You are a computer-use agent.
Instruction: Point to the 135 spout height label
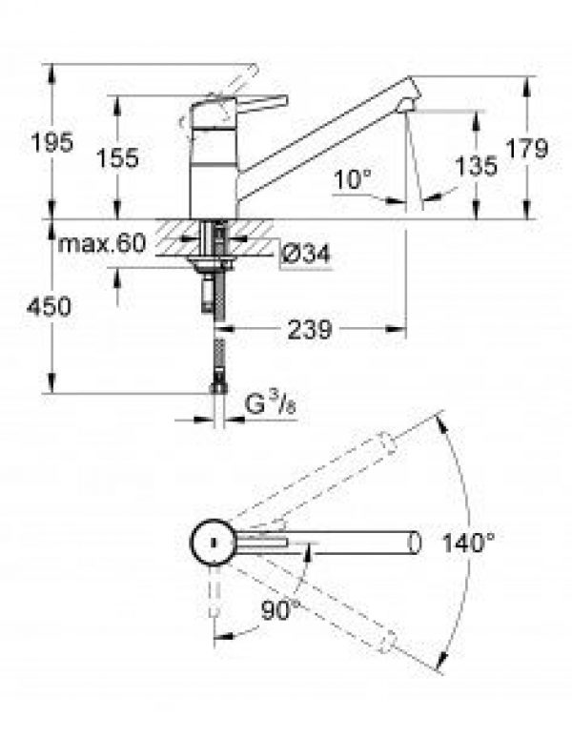[478, 167]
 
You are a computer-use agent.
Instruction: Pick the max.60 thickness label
[101, 244]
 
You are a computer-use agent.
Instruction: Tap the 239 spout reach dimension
[309, 330]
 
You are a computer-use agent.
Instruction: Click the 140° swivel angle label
[468, 544]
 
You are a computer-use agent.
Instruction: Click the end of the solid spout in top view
[414, 544]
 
